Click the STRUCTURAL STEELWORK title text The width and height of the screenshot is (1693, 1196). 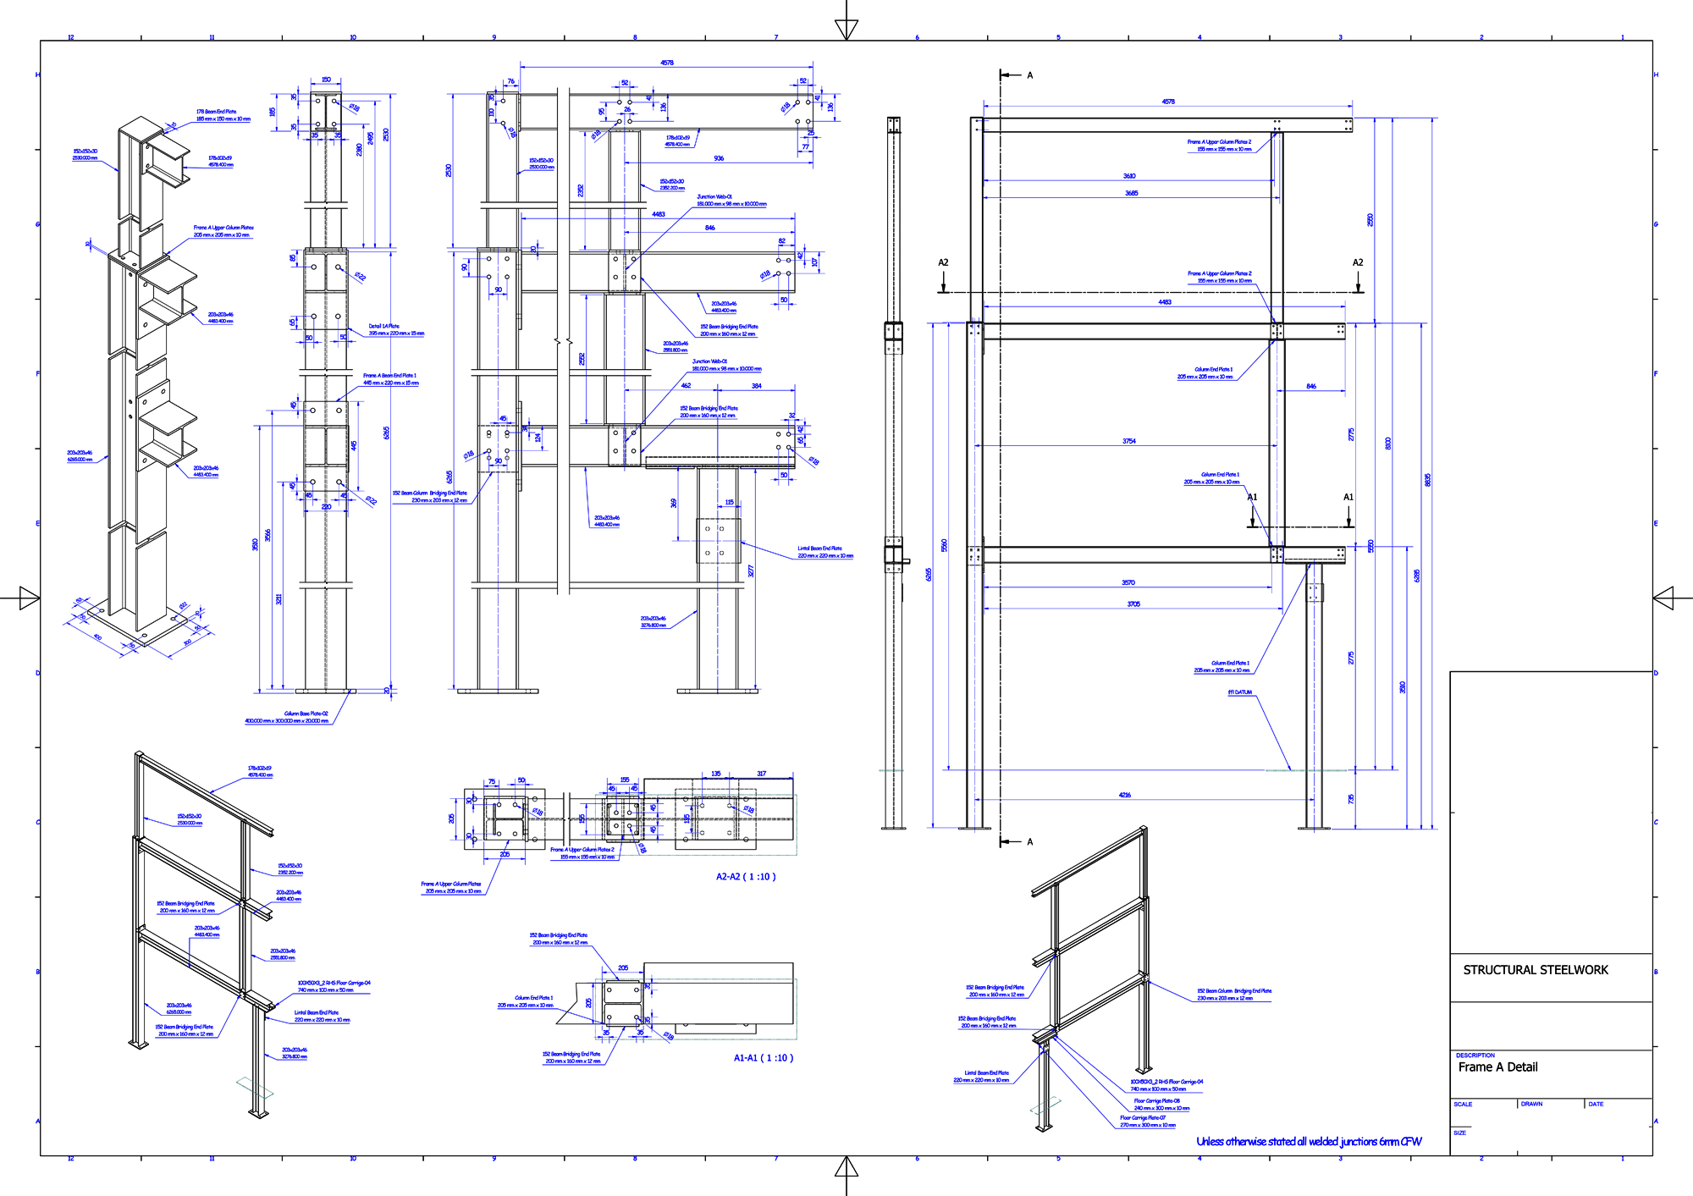pos(1535,970)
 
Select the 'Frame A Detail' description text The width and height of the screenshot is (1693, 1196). pos(1497,1067)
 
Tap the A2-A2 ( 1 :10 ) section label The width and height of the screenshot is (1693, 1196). pos(746,877)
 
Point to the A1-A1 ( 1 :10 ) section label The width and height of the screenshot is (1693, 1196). pos(763,1058)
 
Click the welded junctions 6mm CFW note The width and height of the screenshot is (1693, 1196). pos(1309,1142)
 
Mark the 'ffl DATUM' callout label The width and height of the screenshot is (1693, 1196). pos(1240,692)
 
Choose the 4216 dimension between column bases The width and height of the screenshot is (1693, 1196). pos(1124,795)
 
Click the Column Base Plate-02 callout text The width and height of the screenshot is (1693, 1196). pos(306,714)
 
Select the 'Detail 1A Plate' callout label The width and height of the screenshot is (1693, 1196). pos(383,326)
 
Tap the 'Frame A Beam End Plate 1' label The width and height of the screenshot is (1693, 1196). pos(389,376)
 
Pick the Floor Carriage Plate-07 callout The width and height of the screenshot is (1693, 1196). pos(1143,1118)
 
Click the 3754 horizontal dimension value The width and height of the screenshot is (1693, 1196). pos(1128,441)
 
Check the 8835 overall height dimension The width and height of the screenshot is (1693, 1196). pos(1427,480)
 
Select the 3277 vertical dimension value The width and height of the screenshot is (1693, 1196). pos(751,571)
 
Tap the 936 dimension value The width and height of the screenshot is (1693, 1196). pos(719,158)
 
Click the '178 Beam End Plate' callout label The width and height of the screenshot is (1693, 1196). pos(217,112)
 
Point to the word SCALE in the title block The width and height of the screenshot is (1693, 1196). pos(1463,1105)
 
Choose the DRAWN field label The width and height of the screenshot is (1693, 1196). pos(1531,1105)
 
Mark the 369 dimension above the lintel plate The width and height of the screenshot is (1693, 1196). pos(674,503)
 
